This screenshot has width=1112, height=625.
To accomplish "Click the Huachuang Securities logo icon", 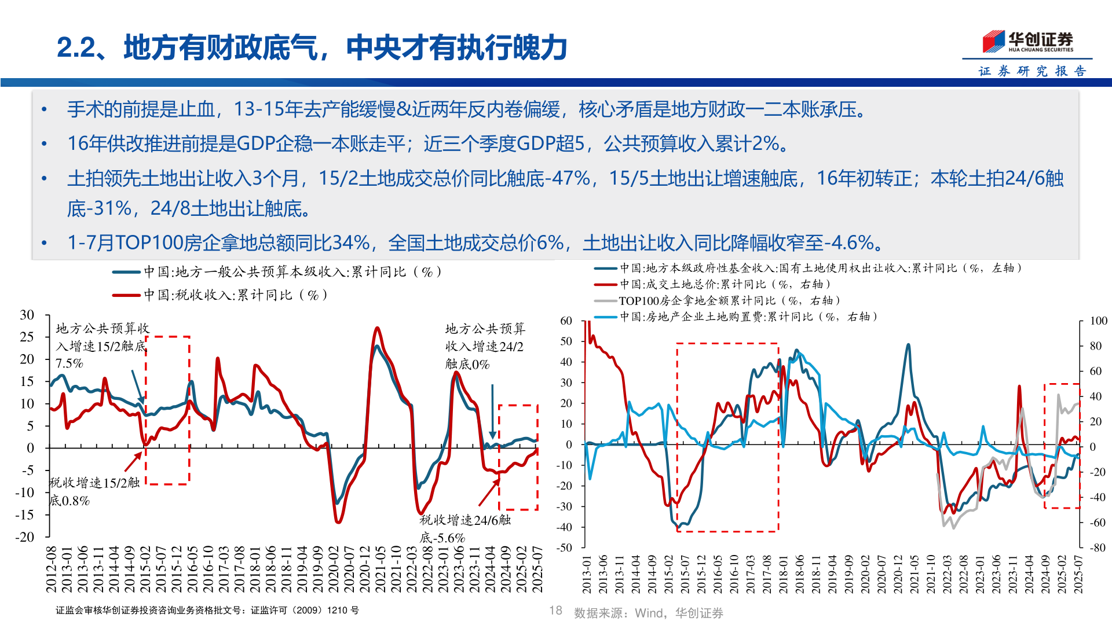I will click(993, 41).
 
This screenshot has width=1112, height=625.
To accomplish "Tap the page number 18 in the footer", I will click(555, 611).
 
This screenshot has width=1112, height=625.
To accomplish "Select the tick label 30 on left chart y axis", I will click(27, 315).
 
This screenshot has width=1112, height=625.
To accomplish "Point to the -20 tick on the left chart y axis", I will click(25, 536).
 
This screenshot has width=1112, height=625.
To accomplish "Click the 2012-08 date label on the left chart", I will click(51, 569).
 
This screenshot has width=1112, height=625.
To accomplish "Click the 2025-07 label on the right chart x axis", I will click(1078, 574).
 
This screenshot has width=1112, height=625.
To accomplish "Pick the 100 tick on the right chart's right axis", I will click(1098, 321).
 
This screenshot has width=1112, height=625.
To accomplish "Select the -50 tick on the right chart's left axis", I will click(564, 547).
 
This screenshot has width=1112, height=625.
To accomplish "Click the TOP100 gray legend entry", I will click(718, 300).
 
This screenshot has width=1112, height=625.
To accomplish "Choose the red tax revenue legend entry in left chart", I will click(220, 295).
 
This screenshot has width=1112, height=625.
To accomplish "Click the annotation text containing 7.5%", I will click(69, 363).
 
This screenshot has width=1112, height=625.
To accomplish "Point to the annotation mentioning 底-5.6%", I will click(443, 538).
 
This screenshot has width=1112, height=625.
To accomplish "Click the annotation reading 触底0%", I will click(467, 364).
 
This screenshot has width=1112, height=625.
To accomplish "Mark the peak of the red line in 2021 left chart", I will click(377, 328).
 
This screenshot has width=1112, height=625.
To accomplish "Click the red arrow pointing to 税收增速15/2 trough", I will click(133, 462).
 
